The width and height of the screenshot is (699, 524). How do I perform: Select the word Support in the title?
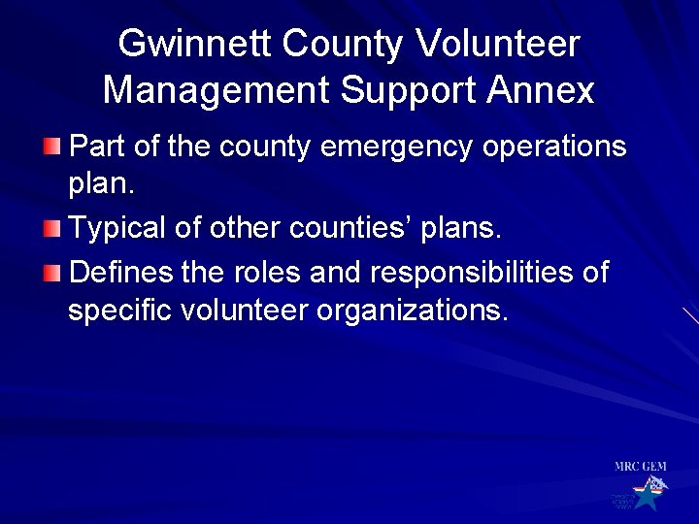point(408,90)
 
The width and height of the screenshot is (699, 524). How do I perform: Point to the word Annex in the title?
point(541,90)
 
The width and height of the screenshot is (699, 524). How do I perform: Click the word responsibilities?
point(477,273)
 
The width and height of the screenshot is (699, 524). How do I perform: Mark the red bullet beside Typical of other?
point(51,229)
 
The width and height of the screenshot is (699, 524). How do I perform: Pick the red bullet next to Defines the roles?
point(51,273)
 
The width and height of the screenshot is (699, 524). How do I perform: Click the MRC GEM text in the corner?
point(640,467)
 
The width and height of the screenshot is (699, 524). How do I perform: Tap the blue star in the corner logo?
point(646,497)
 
